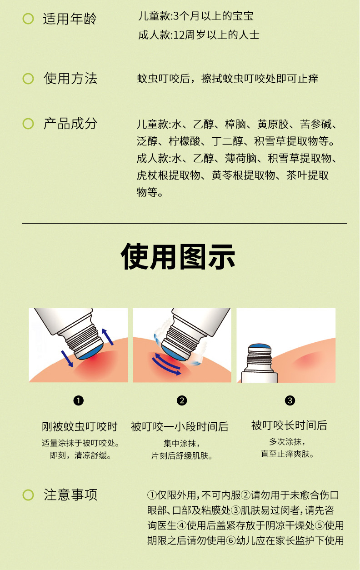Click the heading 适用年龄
pyautogui.click(x=70, y=19)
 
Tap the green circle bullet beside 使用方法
pyautogui.click(x=28, y=79)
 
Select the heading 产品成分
pyautogui.click(x=70, y=124)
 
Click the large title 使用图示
pyautogui.click(x=178, y=256)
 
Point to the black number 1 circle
pyautogui.click(x=78, y=400)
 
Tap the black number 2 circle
pyautogui.click(x=182, y=400)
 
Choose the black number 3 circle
pyautogui.click(x=290, y=400)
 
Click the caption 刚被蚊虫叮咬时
pyautogui.click(x=80, y=426)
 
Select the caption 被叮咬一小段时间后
pyautogui.click(x=180, y=426)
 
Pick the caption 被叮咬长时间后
pyautogui.click(x=289, y=425)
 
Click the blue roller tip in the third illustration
pyautogui.click(x=260, y=346)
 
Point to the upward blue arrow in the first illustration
pyautogui.click(x=108, y=337)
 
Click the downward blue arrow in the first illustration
pyautogui.click(x=67, y=359)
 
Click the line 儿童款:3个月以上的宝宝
pyautogui.click(x=195, y=16)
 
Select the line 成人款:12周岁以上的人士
pyautogui.click(x=199, y=35)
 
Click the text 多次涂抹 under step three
pyautogui.click(x=285, y=441)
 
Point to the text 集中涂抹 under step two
pyautogui.click(x=180, y=443)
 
